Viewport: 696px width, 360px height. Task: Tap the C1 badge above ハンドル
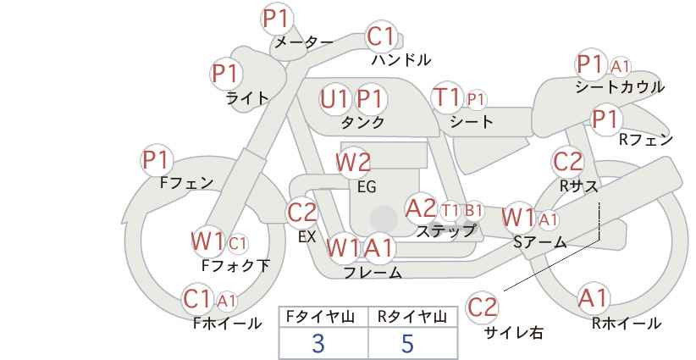382,36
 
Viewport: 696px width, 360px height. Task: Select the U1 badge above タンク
334,99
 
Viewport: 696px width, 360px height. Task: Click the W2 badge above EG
353,162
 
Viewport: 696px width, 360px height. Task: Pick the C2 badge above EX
301,213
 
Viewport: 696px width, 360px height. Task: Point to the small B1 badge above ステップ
473,210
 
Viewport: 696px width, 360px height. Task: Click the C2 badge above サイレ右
483,307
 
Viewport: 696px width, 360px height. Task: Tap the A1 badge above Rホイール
593,299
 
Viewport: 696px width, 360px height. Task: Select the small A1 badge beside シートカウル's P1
621,66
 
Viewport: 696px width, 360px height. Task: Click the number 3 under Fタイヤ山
318,343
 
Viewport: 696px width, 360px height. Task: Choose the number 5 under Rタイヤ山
407,343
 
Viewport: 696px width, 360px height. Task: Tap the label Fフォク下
235,266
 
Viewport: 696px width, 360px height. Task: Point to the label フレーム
373,273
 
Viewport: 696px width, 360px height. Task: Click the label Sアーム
539,242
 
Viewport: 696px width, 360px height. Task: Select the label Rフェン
645,140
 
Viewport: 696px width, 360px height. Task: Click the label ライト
247,98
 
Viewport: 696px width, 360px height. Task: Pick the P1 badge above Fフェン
157,159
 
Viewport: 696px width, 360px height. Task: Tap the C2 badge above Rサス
567,162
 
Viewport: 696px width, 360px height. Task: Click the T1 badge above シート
446,97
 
